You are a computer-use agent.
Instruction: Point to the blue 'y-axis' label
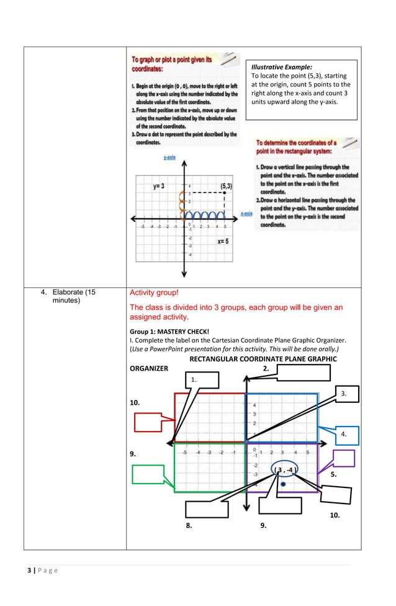(x=169, y=158)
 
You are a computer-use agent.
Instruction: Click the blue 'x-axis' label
(x=246, y=214)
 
